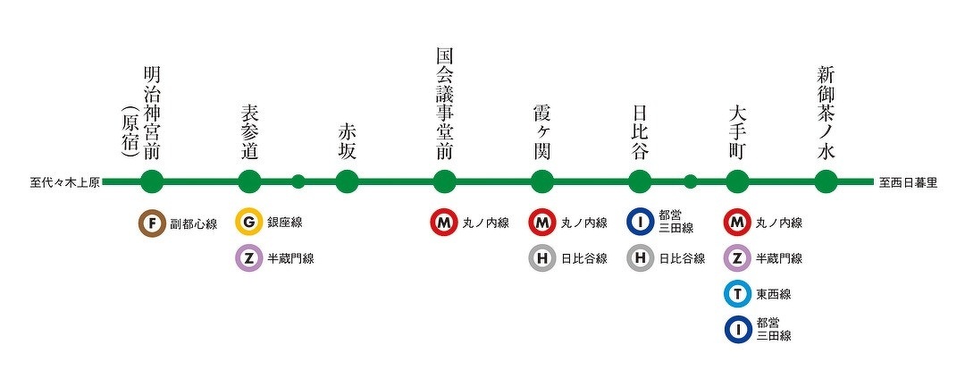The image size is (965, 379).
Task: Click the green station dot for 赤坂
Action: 347,182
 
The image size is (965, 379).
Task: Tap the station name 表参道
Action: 249,131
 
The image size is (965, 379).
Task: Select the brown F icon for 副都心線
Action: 153,223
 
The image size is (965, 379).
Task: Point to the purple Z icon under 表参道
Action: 249,258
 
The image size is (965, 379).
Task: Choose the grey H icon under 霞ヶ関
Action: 541,258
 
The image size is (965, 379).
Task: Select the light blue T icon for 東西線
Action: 737,294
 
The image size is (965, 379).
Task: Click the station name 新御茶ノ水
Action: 827,113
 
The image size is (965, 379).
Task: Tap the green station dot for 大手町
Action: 737,182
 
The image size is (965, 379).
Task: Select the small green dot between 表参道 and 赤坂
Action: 298,182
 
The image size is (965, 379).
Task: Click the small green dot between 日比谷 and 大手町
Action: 690,182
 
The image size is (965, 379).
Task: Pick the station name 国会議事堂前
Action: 444,104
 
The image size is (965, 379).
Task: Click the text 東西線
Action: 773,294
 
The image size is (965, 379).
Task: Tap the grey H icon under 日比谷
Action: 640,258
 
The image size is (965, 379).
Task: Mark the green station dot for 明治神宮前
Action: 153,182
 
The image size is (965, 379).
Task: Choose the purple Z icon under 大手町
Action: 737,258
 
